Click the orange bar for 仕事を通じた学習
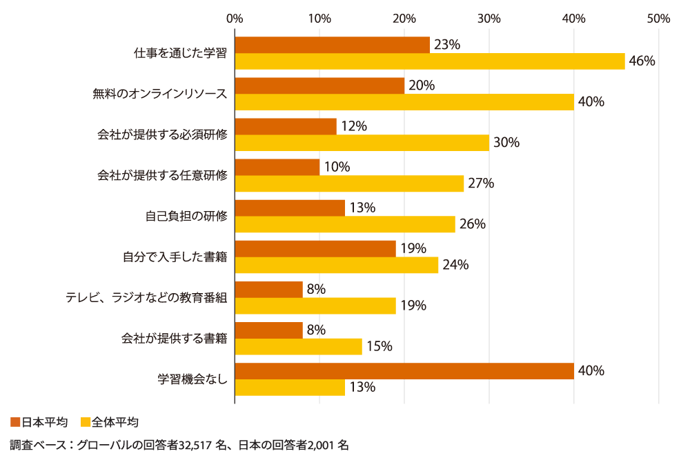[332, 45]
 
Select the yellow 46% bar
[429, 61]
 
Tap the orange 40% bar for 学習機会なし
[404, 371]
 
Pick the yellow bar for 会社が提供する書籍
[298, 346]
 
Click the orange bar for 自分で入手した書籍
[315, 249]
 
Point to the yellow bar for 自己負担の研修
[345, 224]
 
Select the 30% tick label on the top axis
[489, 19]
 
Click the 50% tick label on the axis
[658, 19]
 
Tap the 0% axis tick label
[235, 19]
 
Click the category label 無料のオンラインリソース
[160, 94]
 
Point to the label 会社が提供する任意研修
[162, 175]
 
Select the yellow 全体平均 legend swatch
[86, 421]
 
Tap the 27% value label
[482, 183]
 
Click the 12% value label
[354, 126]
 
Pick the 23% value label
[447, 45]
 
